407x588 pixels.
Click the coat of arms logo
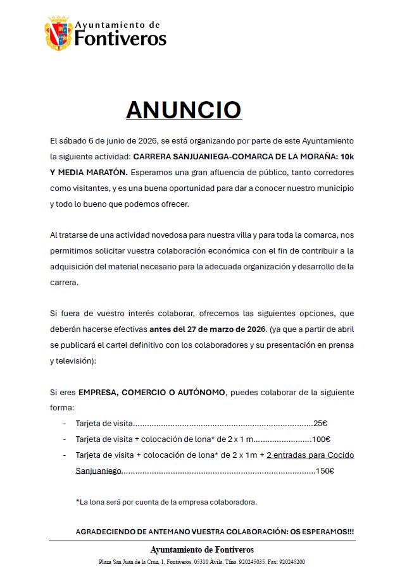point(58,33)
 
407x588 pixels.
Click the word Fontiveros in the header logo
point(120,39)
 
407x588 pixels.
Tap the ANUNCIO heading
point(184,110)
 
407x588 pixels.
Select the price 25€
point(320,424)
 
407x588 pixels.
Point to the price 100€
point(322,439)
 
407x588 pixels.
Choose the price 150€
point(325,470)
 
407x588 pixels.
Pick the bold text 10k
point(346,156)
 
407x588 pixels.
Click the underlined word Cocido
point(339,455)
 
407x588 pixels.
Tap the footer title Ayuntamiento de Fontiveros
point(202,549)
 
